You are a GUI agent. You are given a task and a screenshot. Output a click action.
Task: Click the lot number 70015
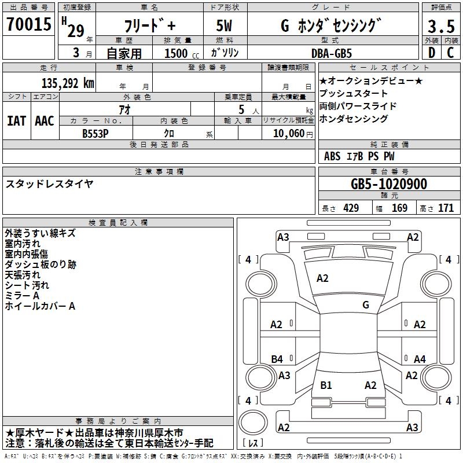[29, 24]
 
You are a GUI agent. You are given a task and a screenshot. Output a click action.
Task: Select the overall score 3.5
[441, 26]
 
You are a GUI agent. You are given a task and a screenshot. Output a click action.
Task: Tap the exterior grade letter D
[432, 53]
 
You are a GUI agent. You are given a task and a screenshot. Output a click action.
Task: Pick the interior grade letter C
[450, 53]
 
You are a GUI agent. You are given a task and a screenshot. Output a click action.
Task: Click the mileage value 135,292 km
[68, 83]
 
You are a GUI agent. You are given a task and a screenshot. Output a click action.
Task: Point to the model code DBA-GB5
[332, 53]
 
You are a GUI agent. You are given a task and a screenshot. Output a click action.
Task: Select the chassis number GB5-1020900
[389, 184]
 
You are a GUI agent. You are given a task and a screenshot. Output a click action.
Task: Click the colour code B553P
[95, 134]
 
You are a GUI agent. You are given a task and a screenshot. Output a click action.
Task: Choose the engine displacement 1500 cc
[182, 53]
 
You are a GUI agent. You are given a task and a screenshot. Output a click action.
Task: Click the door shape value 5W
[224, 25]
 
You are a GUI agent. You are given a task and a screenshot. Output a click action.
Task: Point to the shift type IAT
[17, 121]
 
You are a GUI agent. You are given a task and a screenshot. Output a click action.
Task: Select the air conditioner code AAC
[45, 121]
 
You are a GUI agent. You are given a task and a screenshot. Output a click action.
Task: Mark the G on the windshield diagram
[366, 304]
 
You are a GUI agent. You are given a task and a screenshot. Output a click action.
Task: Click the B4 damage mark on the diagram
[277, 359]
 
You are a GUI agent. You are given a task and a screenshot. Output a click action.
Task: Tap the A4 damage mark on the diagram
[420, 359]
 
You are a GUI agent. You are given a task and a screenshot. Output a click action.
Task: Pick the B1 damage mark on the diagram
[326, 385]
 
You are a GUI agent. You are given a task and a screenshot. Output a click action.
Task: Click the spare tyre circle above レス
[253, 422]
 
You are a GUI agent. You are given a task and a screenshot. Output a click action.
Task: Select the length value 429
[351, 208]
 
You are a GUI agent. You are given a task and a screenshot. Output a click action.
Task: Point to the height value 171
[446, 208]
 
